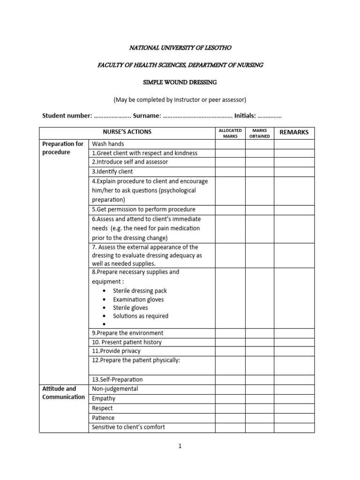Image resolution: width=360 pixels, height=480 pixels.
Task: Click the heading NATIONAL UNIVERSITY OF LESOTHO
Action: tap(180, 48)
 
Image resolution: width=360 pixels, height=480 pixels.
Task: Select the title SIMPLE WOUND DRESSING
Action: tap(180, 82)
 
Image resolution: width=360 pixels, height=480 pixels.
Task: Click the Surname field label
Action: tap(147, 116)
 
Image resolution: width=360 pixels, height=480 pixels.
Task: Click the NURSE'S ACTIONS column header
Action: tap(127, 132)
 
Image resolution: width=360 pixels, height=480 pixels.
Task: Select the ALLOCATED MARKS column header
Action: tap(230, 133)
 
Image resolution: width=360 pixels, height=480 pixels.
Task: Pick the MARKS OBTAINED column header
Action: tap(259, 133)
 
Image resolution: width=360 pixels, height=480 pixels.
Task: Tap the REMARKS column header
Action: tap(294, 132)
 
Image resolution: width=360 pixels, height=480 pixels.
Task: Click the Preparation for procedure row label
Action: tap(63, 148)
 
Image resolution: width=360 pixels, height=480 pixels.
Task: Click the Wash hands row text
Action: tap(108, 144)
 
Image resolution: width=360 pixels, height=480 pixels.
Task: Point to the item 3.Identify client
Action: tap(112, 172)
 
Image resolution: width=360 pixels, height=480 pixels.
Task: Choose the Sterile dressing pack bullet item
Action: tap(140, 291)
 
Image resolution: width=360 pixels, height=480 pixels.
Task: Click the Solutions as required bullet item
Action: tap(141, 316)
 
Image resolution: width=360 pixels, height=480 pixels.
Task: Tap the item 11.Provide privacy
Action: tap(116, 351)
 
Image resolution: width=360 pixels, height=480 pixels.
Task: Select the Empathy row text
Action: tap(104, 398)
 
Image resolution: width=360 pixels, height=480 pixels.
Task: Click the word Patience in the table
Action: tap(103, 418)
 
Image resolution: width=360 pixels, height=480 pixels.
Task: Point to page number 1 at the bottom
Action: tap(180, 446)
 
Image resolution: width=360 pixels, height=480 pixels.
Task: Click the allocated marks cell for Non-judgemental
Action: tap(230, 389)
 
